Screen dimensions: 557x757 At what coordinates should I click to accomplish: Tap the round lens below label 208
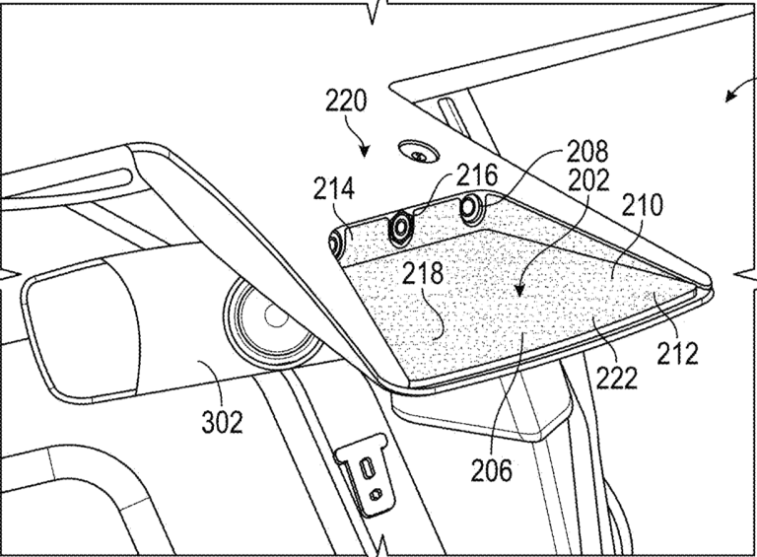(x=469, y=208)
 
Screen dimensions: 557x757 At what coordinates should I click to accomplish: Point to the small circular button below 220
(x=420, y=154)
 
